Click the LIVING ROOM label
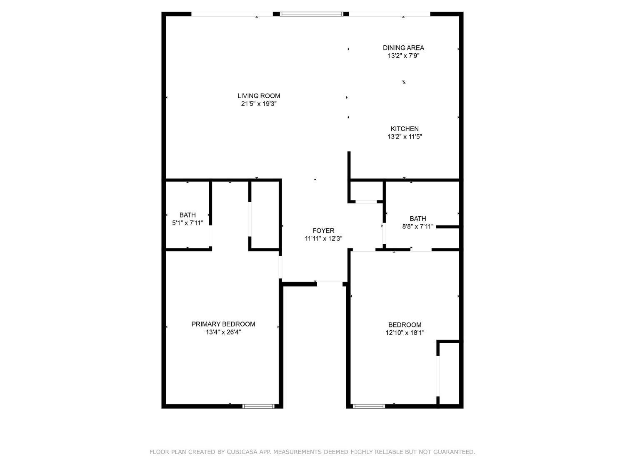[259, 96]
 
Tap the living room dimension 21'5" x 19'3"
[259, 104]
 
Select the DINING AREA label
[403, 48]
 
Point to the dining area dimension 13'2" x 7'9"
[403, 56]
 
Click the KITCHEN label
[405, 129]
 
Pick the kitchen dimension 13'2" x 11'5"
[405, 136]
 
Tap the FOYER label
[323, 230]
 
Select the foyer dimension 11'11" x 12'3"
[323, 238]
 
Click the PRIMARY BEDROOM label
[223, 324]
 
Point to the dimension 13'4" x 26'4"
[223, 332]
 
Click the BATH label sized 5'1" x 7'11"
[187, 215]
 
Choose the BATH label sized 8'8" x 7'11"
[418, 218]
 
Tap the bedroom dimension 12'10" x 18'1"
[405, 332]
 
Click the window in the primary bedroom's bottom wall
[258, 406]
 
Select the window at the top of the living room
[311, 14]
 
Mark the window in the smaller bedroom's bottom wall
[369, 406]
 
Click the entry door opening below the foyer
[330, 284]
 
